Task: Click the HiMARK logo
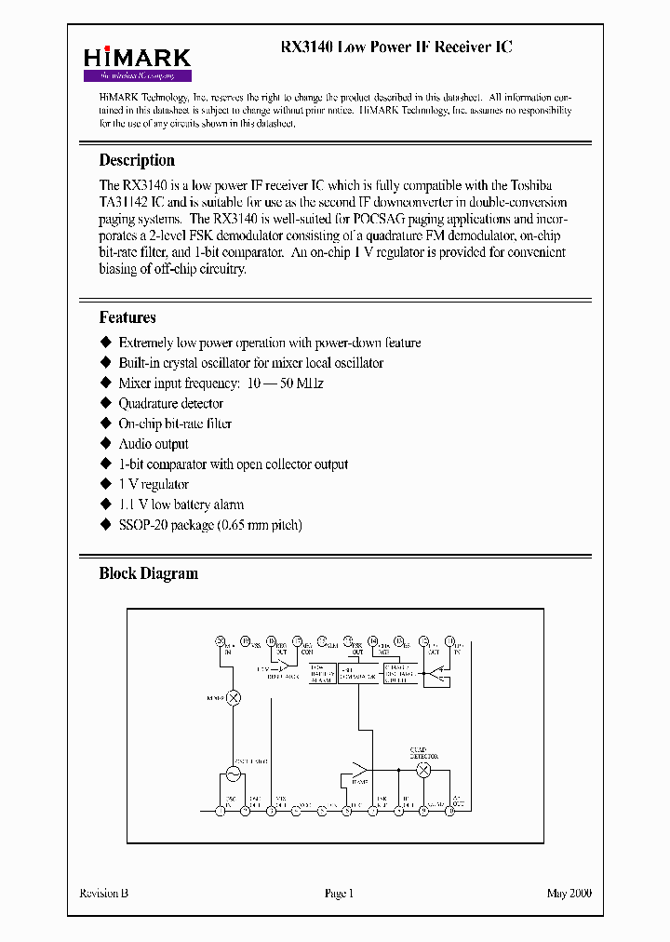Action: click(138, 63)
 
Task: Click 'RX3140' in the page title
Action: click(308, 47)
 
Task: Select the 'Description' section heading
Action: click(137, 160)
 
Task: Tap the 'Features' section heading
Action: click(127, 317)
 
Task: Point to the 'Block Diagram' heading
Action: click(148, 573)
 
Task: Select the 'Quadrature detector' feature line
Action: click(170, 403)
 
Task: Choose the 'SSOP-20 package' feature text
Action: click(209, 525)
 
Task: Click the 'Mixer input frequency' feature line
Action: click(221, 384)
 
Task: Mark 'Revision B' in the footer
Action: click(104, 894)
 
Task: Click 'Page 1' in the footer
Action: click(339, 894)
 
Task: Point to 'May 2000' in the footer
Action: click(568, 894)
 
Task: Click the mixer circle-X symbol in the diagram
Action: click(234, 697)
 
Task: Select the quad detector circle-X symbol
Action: click(423, 771)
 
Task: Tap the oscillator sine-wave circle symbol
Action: click(234, 772)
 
